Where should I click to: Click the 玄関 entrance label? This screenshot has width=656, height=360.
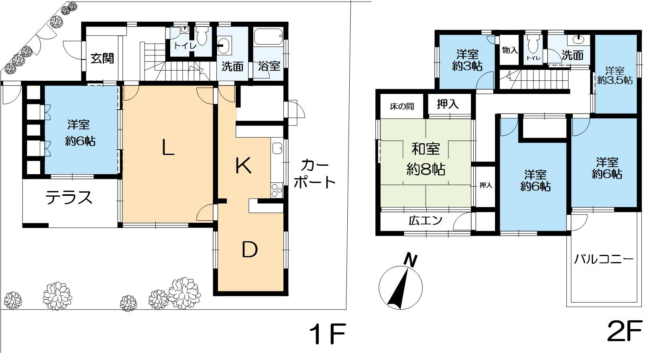102,59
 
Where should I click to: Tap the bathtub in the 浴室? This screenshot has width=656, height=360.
268,37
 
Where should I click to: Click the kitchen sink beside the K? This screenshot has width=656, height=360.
277,148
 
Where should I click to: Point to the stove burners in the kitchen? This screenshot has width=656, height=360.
277,190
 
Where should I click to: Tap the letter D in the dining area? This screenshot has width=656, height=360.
250,250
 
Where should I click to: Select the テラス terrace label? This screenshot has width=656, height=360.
69,197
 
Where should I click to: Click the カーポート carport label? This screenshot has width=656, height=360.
314,174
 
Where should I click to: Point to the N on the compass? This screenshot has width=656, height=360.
410,260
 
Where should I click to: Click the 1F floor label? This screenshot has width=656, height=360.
328,334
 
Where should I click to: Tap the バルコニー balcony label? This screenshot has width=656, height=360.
603,259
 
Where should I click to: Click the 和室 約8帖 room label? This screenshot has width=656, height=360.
426,159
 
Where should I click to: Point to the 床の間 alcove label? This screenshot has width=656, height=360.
402,106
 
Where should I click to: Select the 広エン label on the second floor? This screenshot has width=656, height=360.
426,220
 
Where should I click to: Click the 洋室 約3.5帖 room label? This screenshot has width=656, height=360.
615,75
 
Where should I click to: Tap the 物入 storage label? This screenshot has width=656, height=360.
510,50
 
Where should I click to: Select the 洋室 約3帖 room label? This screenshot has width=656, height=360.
467,60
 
